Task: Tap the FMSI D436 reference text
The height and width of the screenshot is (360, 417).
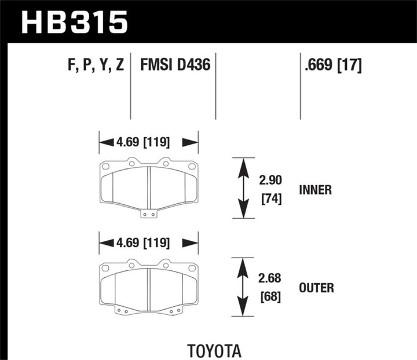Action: (175, 65)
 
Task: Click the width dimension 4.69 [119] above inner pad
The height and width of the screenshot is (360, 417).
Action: (148, 142)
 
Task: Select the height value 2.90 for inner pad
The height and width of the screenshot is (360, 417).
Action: (267, 181)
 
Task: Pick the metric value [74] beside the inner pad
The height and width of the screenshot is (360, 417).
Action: (267, 200)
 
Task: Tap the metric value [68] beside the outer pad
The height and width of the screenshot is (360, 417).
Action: (267, 297)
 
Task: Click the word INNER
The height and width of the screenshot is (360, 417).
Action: (316, 190)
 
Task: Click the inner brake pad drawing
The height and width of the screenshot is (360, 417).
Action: (149, 185)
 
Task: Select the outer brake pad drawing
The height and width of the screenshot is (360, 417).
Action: (149, 284)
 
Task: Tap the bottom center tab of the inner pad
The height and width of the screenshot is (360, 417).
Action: (149, 214)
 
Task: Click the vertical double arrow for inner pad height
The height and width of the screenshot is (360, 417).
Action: (243, 188)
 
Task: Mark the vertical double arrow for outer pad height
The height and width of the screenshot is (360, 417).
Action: (243, 287)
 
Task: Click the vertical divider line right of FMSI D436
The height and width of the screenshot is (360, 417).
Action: (215, 87)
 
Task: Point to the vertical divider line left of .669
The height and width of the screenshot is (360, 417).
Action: (300, 87)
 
